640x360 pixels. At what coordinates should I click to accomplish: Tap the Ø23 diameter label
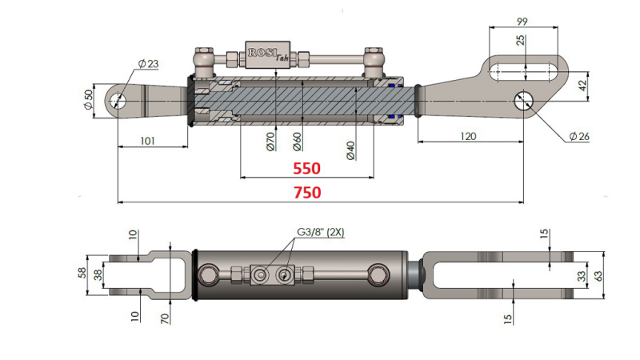pyautogui.click(x=149, y=63)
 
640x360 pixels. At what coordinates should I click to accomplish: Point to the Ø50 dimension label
pyautogui.click(x=88, y=100)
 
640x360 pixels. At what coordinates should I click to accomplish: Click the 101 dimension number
pyautogui.click(x=146, y=141)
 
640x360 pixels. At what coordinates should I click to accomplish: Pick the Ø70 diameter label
pyautogui.click(x=270, y=143)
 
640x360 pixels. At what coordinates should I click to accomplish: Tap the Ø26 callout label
pyautogui.click(x=579, y=137)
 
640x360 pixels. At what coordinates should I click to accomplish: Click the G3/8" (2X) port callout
pyautogui.click(x=320, y=233)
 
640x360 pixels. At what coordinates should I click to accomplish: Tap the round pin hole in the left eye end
pyautogui.click(x=121, y=100)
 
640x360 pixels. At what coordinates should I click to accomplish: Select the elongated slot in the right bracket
pyautogui.click(x=525, y=70)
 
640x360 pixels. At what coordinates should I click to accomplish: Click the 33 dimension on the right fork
pyautogui.click(x=582, y=276)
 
